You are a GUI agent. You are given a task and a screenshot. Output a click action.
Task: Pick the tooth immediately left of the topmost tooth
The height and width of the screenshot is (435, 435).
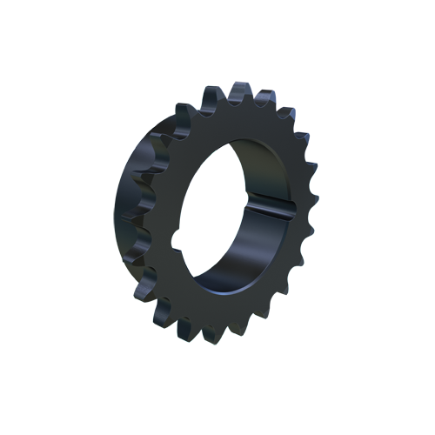click(x=211, y=96)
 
